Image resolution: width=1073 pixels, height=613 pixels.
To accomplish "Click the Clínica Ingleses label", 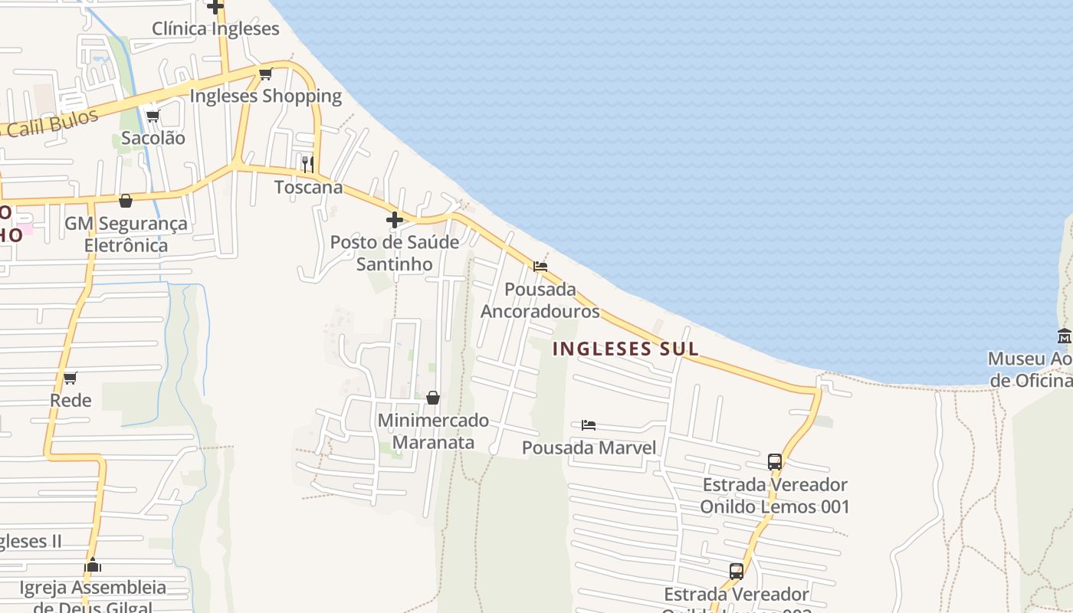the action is coord(215,29).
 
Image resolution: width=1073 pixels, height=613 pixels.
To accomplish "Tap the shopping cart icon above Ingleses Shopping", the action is coord(265,74).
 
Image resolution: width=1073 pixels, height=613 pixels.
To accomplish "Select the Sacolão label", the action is coord(153,139).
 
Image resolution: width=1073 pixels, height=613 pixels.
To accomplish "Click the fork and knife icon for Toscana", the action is coord(307,164).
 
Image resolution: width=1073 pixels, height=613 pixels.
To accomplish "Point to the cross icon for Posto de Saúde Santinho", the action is coord(395,220).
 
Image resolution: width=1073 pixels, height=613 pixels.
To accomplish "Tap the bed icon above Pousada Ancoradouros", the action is coord(540,267).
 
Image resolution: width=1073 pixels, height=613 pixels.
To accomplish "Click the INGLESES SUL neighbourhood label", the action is coord(625,349).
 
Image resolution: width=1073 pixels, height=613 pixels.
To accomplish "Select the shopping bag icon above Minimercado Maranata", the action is coord(433,398).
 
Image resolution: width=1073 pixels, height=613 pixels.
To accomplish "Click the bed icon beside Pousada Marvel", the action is coord(589,425).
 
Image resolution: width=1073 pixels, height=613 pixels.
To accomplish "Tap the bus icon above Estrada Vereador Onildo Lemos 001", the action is coord(775,462).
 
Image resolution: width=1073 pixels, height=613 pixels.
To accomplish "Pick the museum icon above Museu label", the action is coord(1065,336).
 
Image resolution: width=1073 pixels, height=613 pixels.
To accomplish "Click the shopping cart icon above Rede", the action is coord(71,378).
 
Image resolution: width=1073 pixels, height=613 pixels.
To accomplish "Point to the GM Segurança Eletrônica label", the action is coord(126,234).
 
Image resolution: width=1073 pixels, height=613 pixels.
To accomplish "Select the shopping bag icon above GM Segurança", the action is coord(126,201).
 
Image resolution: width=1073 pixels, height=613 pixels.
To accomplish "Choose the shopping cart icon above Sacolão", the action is coord(153,116).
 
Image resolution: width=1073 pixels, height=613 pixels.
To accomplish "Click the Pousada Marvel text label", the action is coord(589,447).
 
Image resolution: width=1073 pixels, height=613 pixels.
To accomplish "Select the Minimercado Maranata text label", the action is coord(433,431).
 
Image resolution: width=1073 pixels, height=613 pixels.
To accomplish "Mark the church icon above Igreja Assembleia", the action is coord(94,565).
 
